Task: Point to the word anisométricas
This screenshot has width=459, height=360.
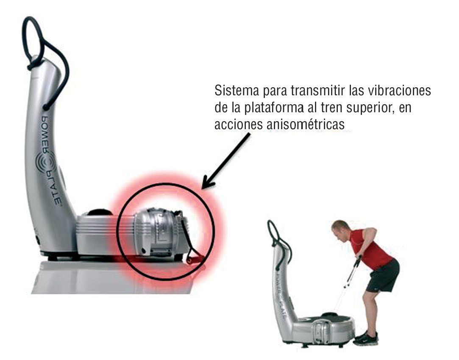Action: click(x=306, y=125)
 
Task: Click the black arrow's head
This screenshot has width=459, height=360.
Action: click(x=208, y=182)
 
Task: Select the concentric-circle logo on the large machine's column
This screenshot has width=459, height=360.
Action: click(x=46, y=163)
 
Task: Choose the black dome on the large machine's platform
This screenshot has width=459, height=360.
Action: click(x=100, y=212)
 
